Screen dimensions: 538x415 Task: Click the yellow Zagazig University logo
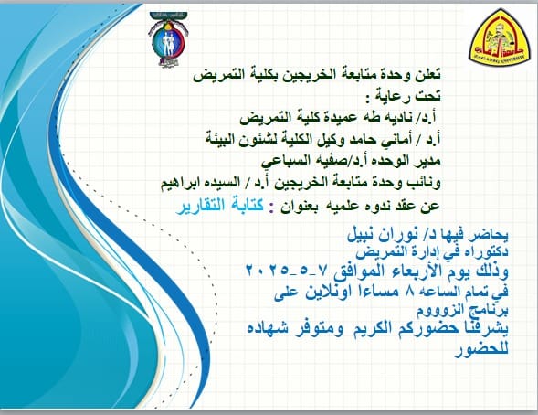[500, 37]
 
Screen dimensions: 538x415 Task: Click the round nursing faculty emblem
[168, 39]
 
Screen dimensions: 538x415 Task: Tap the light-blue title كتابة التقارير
[220, 206]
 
